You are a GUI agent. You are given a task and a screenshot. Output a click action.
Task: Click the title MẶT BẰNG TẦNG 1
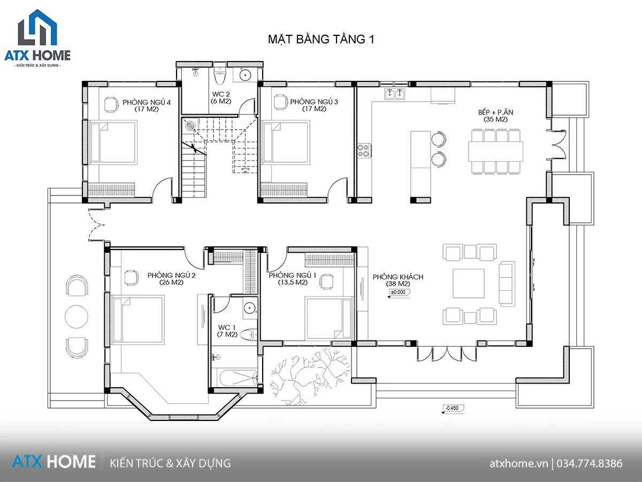point(321,40)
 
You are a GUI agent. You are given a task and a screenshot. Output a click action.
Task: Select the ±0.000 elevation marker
point(399,292)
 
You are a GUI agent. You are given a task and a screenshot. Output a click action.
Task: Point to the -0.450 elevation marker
point(453,408)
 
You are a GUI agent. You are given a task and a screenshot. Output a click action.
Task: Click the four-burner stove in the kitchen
point(364,150)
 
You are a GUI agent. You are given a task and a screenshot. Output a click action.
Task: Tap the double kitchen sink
point(394,94)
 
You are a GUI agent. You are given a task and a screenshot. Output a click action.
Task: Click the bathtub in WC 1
point(238,378)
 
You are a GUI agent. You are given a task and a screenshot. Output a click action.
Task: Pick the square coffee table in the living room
point(468,284)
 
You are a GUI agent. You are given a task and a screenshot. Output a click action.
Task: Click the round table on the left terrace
point(77,317)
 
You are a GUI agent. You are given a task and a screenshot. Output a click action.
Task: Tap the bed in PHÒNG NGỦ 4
point(113,142)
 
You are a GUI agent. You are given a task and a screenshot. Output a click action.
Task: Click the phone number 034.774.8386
point(590,464)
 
